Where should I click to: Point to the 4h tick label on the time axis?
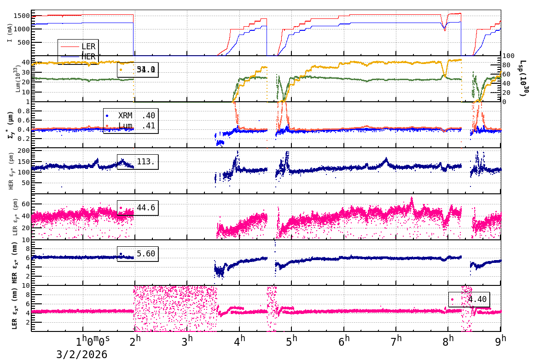click(x=239, y=341)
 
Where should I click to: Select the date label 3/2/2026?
click(x=82, y=354)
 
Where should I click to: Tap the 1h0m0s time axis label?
click(x=93, y=341)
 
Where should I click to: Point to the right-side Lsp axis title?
click(x=523, y=78)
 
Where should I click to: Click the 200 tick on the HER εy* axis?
click(x=23, y=151)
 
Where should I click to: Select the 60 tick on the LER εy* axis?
click(x=26, y=203)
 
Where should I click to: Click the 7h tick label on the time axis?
click(x=396, y=341)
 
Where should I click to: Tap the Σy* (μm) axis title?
click(x=10, y=124)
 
